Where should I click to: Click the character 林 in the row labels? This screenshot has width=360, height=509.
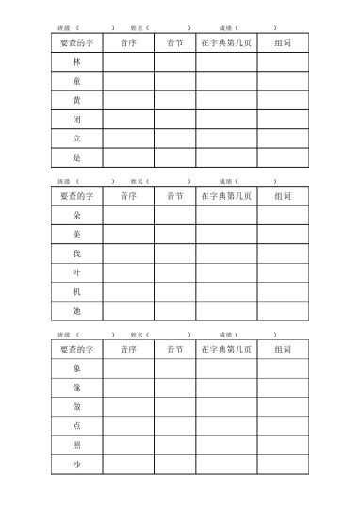coord(76,61)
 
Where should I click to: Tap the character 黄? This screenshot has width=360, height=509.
coord(76,100)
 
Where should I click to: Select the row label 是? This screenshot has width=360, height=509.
coord(76,157)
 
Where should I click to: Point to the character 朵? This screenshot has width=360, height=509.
coord(76,215)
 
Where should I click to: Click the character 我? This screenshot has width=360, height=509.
coord(76,254)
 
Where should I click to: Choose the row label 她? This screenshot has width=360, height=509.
coord(76,311)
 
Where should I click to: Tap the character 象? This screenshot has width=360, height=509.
coord(76,369)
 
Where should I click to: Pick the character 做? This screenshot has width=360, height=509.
coord(76,407)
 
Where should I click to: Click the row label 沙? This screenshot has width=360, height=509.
coord(76,465)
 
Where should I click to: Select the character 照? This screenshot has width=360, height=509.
coord(76,445)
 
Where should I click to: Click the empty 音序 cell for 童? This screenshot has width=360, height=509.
coord(128,81)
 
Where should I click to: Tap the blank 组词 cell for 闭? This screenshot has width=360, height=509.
coord(282,119)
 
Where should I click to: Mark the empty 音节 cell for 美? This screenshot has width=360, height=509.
coord(175,235)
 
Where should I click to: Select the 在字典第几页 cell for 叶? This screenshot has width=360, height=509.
coord(226,272)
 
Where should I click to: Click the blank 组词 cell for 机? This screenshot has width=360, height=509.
coord(282,292)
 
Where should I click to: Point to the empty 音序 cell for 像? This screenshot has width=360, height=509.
coord(128,387)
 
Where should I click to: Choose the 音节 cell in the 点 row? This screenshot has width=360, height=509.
coord(175,426)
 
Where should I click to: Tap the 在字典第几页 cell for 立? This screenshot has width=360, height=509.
coord(226,139)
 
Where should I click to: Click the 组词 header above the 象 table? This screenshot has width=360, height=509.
coord(282,350)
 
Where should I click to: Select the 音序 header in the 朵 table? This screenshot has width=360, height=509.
coord(128,196)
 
